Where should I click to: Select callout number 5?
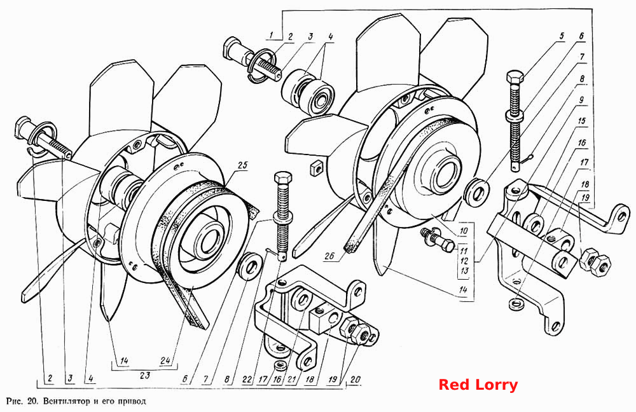(x=562, y=36)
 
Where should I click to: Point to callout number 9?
(x=581, y=99)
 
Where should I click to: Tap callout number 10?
(x=464, y=231)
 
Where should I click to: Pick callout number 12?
(x=464, y=261)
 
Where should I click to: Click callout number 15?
(x=582, y=120)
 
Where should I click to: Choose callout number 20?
(x=355, y=380)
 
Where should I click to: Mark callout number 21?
(x=289, y=380)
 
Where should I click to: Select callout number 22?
(x=246, y=380)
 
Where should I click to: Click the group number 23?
(x=145, y=375)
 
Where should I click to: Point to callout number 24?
(x=166, y=360)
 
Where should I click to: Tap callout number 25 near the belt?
(x=242, y=165)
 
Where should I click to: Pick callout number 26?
(x=329, y=256)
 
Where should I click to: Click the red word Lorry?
(x=498, y=384)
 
